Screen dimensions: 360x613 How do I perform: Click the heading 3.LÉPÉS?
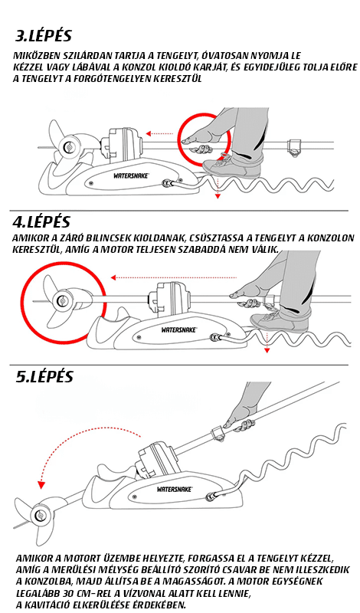(x=44, y=35)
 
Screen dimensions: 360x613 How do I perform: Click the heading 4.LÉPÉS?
(x=41, y=221)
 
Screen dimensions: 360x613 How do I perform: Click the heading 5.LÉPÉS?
(x=44, y=376)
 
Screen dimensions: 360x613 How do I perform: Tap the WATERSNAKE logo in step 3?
(x=131, y=176)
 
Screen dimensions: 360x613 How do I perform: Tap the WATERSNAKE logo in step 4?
(x=179, y=330)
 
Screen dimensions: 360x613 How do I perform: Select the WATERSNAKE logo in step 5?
(x=175, y=489)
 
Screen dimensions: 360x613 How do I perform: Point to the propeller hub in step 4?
(x=61, y=300)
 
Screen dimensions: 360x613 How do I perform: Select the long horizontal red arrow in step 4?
(x=174, y=277)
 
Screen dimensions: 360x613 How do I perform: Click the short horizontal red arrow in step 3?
(x=159, y=133)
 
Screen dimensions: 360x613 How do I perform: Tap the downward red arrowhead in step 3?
(x=218, y=196)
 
